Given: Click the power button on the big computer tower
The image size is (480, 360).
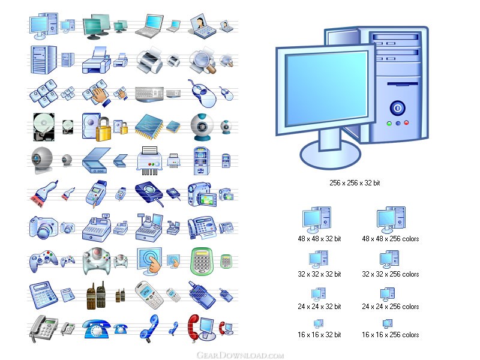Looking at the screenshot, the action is pos(397,108).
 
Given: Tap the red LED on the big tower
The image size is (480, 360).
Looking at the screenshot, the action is pos(406,123).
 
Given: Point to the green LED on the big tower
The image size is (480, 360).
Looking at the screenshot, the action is pos(389,124).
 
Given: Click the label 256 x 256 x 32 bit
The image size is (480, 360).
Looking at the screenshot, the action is pos(355,183).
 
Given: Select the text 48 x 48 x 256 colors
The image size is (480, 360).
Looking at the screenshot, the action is pos(391,238).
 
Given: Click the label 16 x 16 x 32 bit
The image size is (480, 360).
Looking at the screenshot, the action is pos(319,335).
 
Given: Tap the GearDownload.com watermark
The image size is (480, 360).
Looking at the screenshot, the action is pos(240,355).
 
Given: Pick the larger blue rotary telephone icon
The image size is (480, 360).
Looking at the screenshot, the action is pos(96,329).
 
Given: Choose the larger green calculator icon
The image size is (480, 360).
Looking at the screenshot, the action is pos(202,261).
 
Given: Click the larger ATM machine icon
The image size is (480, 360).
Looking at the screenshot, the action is pos(202,161).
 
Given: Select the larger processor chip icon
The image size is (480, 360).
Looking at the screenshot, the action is pos(149,125).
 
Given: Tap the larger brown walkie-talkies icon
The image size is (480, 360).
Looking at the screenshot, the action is pos(96,295).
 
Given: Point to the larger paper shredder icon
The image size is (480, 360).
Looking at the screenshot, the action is pos(149,161).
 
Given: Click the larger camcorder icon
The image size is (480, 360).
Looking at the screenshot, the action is pos(202,194).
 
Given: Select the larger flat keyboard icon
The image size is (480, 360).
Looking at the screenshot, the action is pos(149,94).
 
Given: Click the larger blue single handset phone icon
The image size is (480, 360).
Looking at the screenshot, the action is pos(149,328).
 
